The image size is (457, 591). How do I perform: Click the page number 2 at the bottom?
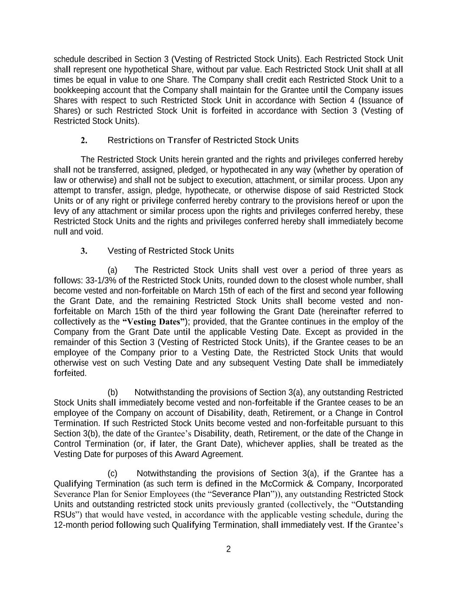click(229, 549)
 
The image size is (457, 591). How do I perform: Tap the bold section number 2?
click(84, 140)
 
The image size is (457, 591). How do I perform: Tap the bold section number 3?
click(84, 251)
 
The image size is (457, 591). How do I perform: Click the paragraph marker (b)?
click(113, 392)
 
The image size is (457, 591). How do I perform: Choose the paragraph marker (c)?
click(113, 473)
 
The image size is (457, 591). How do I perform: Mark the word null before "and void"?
click(61, 232)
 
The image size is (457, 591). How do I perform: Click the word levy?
click(62, 211)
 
